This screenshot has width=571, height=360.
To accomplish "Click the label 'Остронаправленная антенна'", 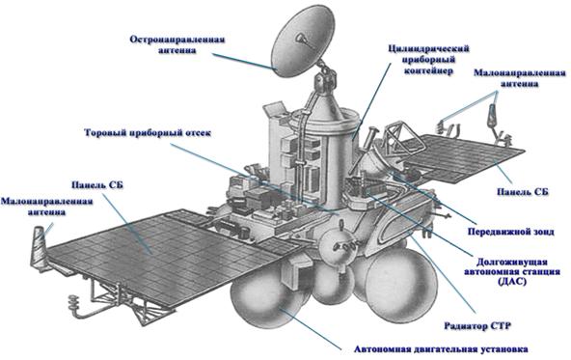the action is [x=177, y=44].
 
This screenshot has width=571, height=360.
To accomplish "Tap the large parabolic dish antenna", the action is [x=303, y=42].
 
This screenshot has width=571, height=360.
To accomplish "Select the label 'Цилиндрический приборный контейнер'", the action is [x=428, y=60].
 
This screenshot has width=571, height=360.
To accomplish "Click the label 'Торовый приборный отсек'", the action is [x=148, y=132].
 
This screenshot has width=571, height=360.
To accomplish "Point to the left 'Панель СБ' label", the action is [x=97, y=185].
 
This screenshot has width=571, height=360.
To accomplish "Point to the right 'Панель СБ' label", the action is [x=523, y=192].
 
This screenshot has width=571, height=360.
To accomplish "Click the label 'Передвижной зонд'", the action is [x=511, y=232].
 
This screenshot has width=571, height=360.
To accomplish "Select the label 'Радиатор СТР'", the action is [x=477, y=325].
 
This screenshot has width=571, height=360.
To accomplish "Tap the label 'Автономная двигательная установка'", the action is [x=441, y=348].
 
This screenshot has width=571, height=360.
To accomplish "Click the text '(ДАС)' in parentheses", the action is [x=511, y=281].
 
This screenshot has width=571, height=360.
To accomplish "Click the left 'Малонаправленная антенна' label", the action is [x=46, y=207].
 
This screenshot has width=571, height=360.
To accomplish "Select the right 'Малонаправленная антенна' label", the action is [x=520, y=78].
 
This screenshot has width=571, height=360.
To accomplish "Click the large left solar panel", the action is [x=160, y=255].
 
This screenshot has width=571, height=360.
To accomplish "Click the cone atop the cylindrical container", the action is [x=326, y=104].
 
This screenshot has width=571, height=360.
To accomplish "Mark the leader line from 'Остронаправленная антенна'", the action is [x=243, y=61].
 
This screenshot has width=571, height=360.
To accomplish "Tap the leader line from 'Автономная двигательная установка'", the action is [x=313, y=329].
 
